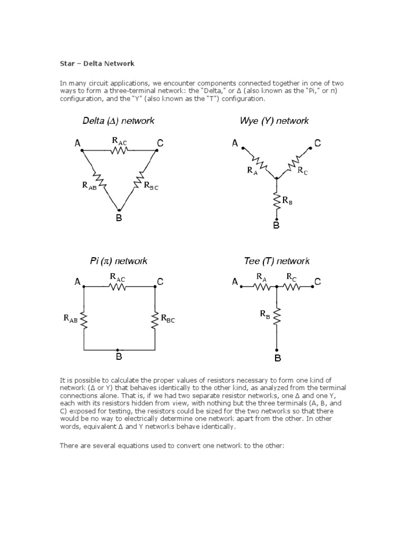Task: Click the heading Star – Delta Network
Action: point(96,64)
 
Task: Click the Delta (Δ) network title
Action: point(118,121)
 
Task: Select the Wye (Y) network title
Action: point(274,121)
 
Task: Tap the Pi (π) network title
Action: point(118,261)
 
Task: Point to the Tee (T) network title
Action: point(276,261)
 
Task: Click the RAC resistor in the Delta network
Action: point(119,150)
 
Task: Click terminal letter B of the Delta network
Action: point(119,218)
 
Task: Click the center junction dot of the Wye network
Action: point(276,178)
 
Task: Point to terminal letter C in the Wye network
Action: point(317,143)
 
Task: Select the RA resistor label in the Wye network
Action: point(252,170)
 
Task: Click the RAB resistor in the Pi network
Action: point(84,319)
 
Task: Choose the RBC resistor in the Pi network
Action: point(155,319)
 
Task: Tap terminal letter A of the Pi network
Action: point(77,282)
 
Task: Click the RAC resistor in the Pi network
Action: point(118,286)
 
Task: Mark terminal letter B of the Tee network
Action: point(277,359)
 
